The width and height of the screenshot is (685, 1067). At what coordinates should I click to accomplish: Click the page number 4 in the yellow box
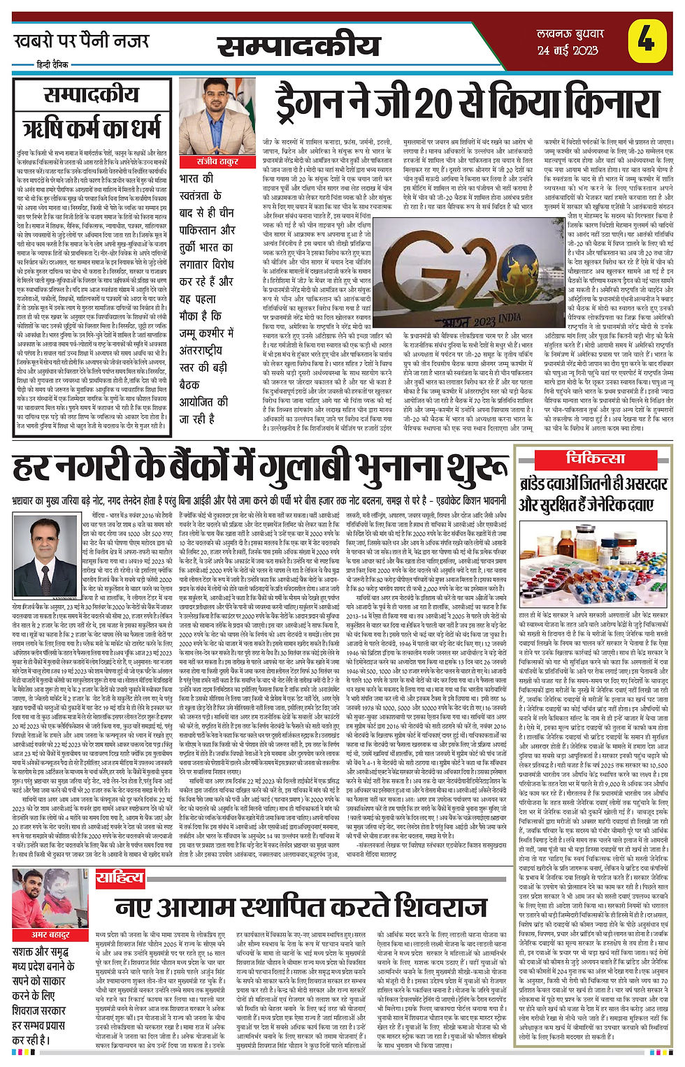(645, 41)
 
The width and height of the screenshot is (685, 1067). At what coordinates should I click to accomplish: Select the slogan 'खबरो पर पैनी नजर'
(82, 41)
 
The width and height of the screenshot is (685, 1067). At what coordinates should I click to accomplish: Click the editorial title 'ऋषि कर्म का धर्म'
(91, 129)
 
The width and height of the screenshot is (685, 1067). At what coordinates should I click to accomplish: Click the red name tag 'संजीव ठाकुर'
(217, 161)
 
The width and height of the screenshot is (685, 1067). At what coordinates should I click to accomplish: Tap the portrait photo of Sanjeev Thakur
(217, 116)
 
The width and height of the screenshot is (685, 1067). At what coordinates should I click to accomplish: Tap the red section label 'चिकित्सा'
(595, 458)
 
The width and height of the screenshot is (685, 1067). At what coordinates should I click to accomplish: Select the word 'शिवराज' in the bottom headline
(434, 907)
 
